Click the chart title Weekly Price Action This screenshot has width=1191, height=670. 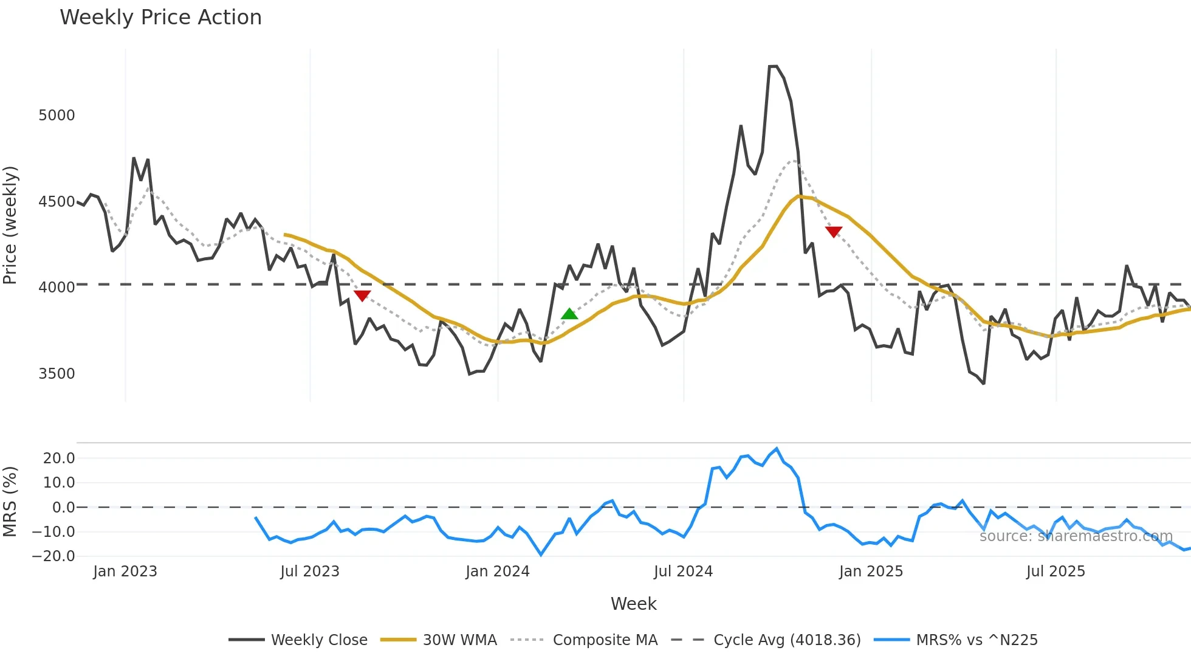coord(160,18)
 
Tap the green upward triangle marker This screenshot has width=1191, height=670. coord(569,314)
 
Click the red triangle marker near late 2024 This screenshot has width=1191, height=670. coord(834,232)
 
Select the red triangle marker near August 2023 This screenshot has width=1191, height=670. coord(362,295)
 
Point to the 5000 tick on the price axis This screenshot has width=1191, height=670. coord(57,116)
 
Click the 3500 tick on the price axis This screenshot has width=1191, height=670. coord(57,374)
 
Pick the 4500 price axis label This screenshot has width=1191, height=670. coord(57,202)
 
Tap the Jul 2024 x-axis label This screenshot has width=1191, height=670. coord(683,572)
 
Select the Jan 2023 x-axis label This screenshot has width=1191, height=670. coord(125,572)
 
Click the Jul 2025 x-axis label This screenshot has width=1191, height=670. coord(1055,572)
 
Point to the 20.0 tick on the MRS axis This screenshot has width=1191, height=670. coord(59,458)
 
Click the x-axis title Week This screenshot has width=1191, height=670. coord(633,604)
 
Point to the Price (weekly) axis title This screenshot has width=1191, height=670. coord(10,225)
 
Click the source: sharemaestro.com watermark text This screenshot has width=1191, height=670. coord(1076,536)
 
